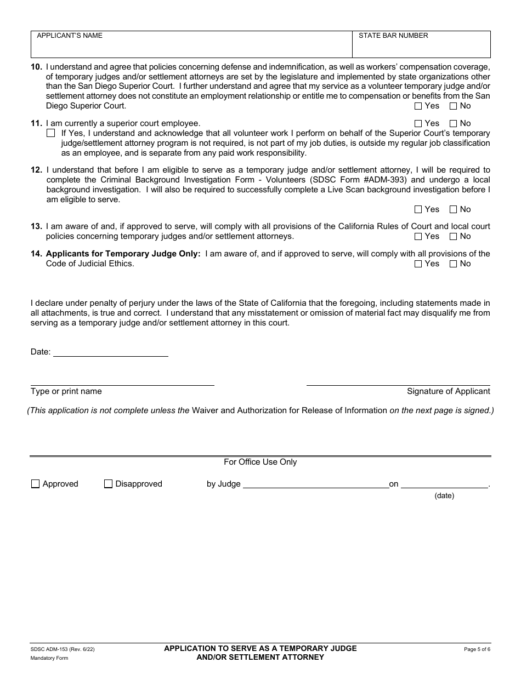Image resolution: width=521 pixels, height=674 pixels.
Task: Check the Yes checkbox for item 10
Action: coord(418,106)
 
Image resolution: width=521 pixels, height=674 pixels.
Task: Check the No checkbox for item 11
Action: coord(453,124)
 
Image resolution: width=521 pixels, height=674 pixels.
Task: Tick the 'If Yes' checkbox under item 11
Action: coord(51,133)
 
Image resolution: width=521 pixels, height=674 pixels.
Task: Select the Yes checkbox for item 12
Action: coord(418,209)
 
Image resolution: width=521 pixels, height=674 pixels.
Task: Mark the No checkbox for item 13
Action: coord(453,237)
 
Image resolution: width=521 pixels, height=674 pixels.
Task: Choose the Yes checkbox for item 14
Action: coord(418,264)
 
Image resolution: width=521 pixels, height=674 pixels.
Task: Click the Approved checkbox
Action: coord(36,484)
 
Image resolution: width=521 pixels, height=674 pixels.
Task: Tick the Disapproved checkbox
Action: coord(108,484)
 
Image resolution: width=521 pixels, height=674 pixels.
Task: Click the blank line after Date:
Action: coord(110,352)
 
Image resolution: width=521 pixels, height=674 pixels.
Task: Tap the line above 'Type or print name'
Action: coord(122,381)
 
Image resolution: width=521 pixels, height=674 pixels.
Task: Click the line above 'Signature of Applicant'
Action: coord(398,381)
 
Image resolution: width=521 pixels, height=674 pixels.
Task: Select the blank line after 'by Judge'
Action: coord(315,484)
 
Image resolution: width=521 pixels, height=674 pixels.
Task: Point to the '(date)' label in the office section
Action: coord(444,495)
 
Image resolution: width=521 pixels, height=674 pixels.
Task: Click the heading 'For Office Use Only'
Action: coord(260,462)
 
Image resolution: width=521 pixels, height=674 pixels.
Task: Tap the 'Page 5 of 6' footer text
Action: coord(477,649)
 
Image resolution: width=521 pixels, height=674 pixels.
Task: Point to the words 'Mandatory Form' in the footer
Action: coord(49,658)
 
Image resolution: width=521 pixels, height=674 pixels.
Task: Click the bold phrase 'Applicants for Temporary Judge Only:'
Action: coord(123,254)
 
